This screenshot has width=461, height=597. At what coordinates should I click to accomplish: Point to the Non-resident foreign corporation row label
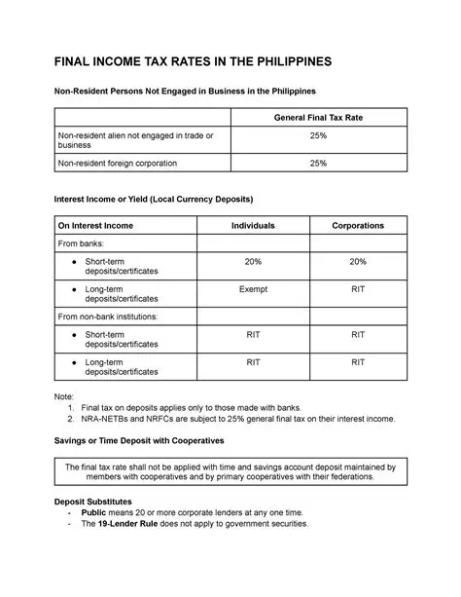click(x=118, y=164)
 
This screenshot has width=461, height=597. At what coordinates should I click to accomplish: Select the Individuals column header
click(x=252, y=225)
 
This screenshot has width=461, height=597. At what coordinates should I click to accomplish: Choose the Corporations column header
click(x=357, y=225)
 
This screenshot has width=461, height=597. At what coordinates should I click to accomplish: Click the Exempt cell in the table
click(x=252, y=289)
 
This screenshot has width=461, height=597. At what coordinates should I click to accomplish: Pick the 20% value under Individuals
click(x=252, y=262)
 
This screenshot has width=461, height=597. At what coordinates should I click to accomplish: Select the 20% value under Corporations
click(x=357, y=262)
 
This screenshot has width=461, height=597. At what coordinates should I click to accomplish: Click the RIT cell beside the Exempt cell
click(x=357, y=289)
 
